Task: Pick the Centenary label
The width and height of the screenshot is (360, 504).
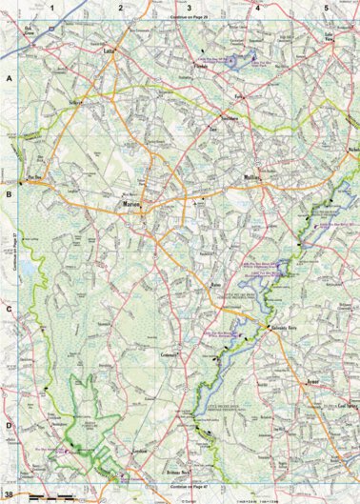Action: [x=170, y=355]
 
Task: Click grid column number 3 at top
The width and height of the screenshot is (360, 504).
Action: [x=189, y=8]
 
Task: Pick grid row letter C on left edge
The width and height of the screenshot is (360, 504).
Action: [x=9, y=309]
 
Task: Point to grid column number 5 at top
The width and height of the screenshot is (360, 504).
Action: [x=327, y=8]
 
